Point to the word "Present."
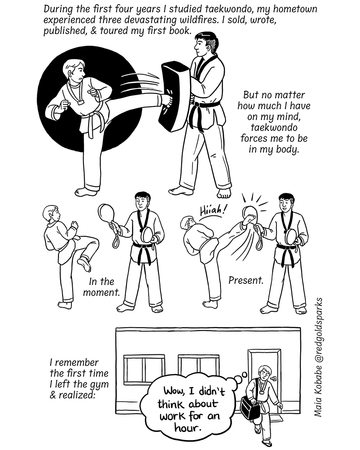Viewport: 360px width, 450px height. [x=246, y=280]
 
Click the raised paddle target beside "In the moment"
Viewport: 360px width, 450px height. [x=106, y=212]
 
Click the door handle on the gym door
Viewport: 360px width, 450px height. [x=273, y=379]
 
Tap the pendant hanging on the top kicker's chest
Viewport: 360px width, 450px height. [x=80, y=102]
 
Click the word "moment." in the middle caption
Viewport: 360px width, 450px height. [x=101, y=293]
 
